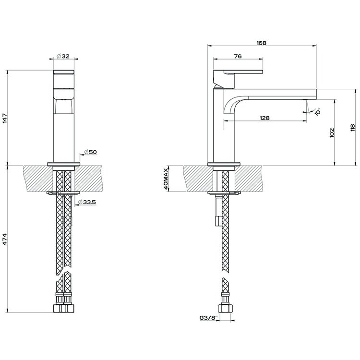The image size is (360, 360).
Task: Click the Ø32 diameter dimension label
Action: (x=63, y=57)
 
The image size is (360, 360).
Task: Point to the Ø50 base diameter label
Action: (x=91, y=152)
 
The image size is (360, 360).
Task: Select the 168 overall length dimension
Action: (x=261, y=43)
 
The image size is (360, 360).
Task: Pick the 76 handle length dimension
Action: (x=237, y=57)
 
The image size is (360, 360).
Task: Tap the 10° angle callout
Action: (x=317, y=111)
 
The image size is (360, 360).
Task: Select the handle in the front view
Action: (x=63, y=73)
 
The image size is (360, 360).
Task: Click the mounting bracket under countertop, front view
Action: (x=62, y=193)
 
